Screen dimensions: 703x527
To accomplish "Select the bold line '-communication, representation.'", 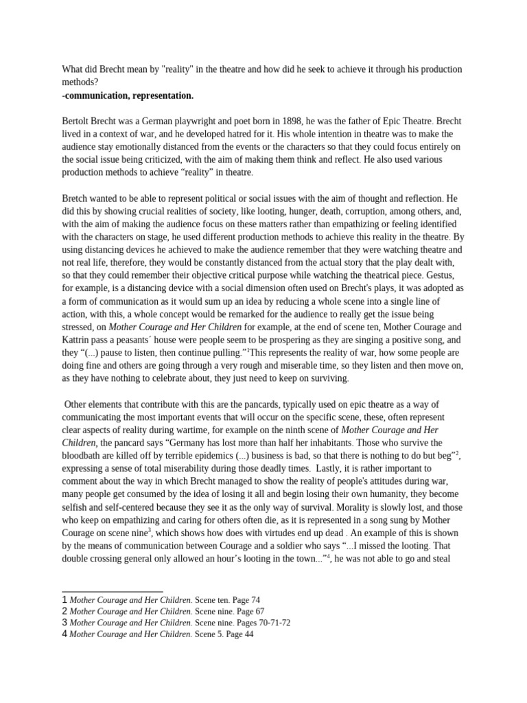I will [128, 95].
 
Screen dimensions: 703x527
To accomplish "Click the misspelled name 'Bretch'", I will [77, 198].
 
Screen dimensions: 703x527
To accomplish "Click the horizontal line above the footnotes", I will [113, 591].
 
